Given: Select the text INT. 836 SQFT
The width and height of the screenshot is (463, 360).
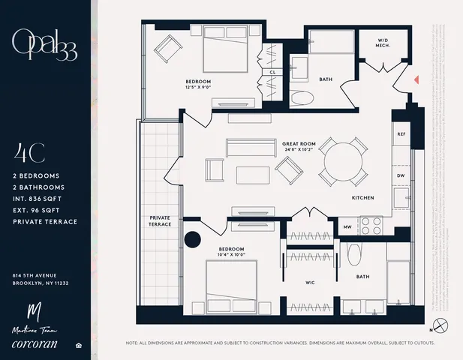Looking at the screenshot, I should click(41, 199).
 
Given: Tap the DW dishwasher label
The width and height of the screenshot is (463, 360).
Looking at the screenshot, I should click(401, 177).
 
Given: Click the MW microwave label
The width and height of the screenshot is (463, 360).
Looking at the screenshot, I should click(348, 226).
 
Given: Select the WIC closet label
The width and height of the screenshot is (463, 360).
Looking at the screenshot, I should click(309, 283).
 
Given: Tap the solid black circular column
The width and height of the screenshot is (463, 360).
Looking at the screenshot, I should click(194, 239).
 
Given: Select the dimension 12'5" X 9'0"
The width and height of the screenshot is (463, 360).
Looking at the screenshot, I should click(199, 88).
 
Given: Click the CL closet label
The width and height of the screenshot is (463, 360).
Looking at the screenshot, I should click(272, 73).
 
